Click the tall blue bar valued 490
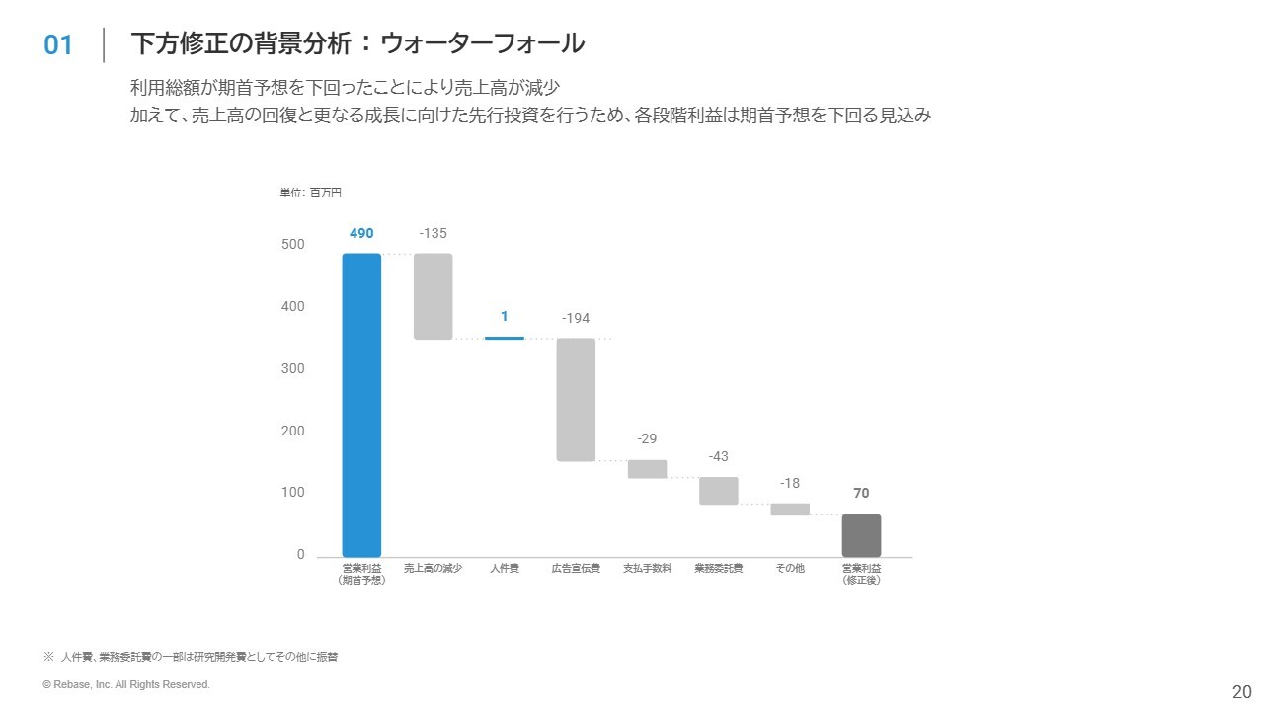coord(361,405)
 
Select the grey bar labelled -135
coord(433,296)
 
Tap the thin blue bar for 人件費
coord(504,338)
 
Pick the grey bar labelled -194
coord(576,399)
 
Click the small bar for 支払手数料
coord(647,469)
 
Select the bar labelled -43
coord(719,491)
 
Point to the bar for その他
coord(790,510)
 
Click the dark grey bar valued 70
coord(861,535)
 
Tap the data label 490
coord(361,234)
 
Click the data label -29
coord(647,438)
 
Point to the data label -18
coord(790,483)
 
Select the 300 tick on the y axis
coord(293,368)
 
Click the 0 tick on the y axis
coord(301,555)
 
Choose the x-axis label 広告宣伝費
coord(576,569)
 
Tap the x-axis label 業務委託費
coord(719,569)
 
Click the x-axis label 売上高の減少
coord(433,569)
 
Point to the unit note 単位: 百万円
coord(311,194)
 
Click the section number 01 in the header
coord(59,45)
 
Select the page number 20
coord(1241,692)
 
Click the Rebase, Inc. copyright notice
coord(126,684)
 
